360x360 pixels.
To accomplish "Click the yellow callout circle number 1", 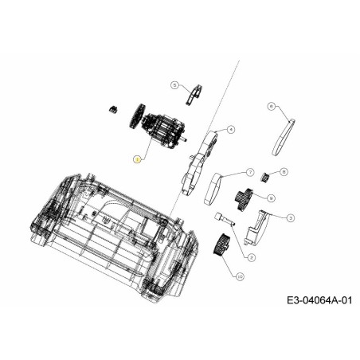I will (x=136, y=159).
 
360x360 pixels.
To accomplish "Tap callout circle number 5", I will (x=174, y=84).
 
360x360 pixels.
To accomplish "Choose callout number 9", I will (x=272, y=197).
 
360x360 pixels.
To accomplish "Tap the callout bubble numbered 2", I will (x=252, y=256).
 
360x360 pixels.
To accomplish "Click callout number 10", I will (x=238, y=276).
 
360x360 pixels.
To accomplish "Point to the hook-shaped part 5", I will (x=191, y=96).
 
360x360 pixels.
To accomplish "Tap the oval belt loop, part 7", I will (x=213, y=189).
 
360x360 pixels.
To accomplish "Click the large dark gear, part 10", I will (x=222, y=245).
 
